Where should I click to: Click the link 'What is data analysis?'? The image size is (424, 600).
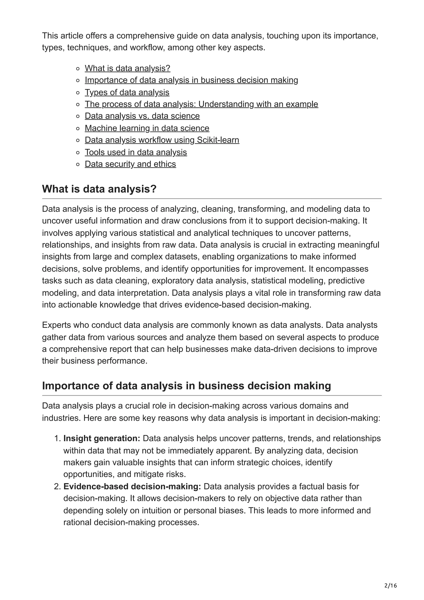click(x=127, y=69)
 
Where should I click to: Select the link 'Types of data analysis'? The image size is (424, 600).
click(x=127, y=93)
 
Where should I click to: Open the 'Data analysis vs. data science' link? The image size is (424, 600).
click(x=142, y=116)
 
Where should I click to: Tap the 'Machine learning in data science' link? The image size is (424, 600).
click(x=147, y=128)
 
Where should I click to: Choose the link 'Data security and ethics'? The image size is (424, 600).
click(x=130, y=164)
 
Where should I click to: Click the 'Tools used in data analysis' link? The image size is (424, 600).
click(x=136, y=152)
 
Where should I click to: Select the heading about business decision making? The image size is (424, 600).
click(x=186, y=386)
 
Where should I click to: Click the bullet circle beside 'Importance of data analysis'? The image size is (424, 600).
click(x=78, y=81)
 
